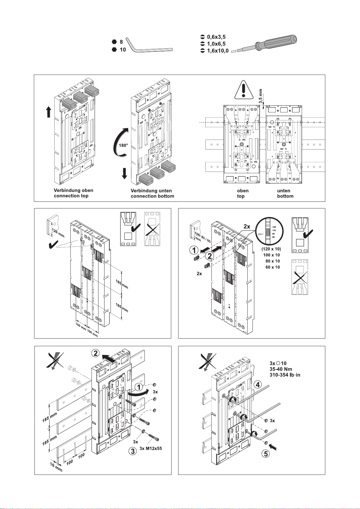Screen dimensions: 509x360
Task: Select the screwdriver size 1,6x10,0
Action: (218, 51)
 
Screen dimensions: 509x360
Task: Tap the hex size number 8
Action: (121, 42)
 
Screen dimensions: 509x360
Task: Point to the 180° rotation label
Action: (123, 145)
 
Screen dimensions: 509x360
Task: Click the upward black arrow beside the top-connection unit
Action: (48, 112)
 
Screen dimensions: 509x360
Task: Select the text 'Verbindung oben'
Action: (73, 190)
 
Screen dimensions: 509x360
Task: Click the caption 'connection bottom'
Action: (152, 196)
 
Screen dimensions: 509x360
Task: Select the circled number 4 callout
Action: (257, 385)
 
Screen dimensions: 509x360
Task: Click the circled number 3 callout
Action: (132, 451)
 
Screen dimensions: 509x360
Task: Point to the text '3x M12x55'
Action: (151, 448)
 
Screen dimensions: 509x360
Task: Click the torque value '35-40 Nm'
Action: (281, 369)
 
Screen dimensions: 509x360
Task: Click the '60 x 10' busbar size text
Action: (272, 267)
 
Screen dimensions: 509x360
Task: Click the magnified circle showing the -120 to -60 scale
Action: (269, 231)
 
